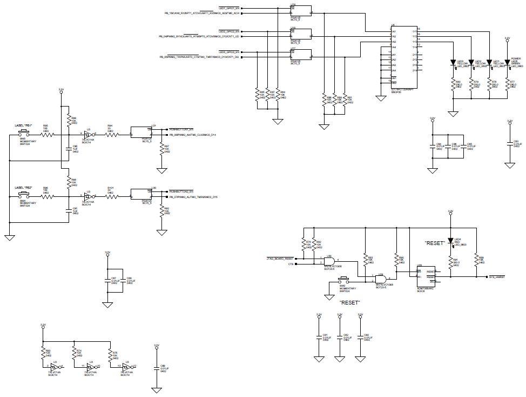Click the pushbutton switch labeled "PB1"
[24, 131]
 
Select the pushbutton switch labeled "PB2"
[24, 194]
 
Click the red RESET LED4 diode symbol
[450, 240]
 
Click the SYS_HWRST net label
[497, 276]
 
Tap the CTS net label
[290, 264]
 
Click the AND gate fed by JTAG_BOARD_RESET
[329, 261]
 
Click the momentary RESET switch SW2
[342, 281]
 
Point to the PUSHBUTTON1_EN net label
[181, 130]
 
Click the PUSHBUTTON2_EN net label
[181, 191]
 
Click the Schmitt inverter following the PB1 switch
[88, 134]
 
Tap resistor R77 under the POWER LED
[507, 85]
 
